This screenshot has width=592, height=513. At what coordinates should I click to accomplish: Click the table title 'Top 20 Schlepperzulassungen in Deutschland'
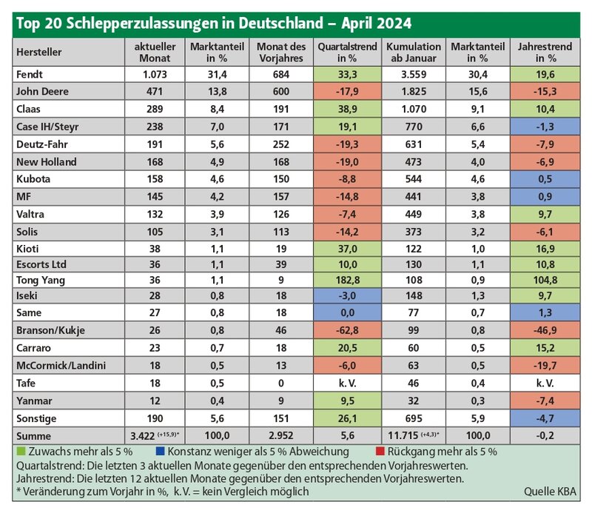(x=169, y=24)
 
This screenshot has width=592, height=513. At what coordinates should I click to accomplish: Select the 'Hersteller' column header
(x=39, y=52)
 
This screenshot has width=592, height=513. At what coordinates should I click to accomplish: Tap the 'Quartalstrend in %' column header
(x=347, y=52)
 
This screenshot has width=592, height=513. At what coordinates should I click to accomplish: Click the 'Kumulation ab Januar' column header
(x=414, y=52)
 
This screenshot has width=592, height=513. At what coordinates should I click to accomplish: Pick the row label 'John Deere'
(x=42, y=91)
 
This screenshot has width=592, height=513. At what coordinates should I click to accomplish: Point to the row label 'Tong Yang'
(x=41, y=281)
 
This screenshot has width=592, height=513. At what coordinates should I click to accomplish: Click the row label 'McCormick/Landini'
(x=61, y=365)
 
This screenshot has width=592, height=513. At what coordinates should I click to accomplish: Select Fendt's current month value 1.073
(x=155, y=75)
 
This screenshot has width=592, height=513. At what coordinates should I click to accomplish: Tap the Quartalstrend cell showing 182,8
(x=347, y=280)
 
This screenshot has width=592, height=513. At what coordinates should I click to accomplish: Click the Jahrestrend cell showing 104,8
(x=545, y=280)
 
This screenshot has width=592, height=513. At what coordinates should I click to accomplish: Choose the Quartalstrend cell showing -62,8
(x=347, y=330)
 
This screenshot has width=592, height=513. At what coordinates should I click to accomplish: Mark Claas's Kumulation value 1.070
(x=414, y=109)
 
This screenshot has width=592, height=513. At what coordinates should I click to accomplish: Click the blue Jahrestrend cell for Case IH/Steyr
(x=545, y=127)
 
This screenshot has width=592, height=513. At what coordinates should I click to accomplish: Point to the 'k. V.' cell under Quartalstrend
(x=347, y=383)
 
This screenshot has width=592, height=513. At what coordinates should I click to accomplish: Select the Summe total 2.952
(x=281, y=435)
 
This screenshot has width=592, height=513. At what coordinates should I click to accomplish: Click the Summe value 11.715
(x=403, y=435)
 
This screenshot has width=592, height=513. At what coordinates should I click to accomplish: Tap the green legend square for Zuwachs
(x=21, y=451)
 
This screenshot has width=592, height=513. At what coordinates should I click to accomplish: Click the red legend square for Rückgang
(x=380, y=451)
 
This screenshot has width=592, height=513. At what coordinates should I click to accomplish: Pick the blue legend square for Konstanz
(x=160, y=451)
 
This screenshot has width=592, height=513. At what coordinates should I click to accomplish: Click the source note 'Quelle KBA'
(x=550, y=492)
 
